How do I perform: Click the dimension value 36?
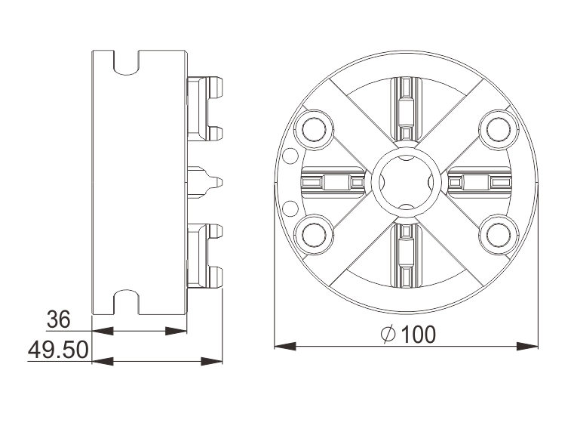58,319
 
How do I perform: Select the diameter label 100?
417,335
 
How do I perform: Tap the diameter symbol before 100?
388,335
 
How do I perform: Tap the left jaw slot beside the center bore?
333,182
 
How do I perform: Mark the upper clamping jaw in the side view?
204,110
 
